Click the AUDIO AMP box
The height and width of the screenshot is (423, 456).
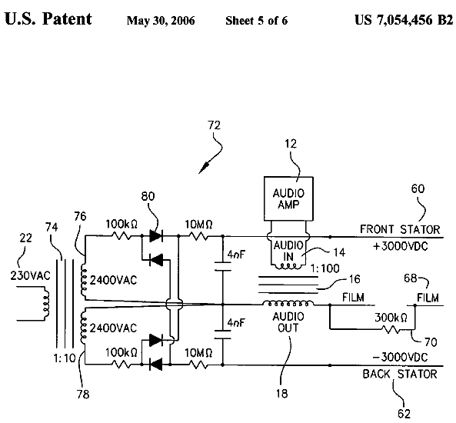pyautogui.click(x=288, y=198)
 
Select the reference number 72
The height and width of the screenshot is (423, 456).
pyautogui.click(x=214, y=125)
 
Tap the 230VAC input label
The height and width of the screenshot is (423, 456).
pyautogui.click(x=30, y=276)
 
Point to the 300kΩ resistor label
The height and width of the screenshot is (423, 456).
pyautogui.click(x=391, y=318)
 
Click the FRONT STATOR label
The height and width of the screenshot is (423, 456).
pyautogui.click(x=400, y=229)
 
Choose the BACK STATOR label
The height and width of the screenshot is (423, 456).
pyautogui.click(x=400, y=374)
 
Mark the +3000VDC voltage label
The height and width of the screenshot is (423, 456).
pyautogui.click(x=401, y=247)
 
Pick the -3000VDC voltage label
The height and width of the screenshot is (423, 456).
pyautogui.click(x=400, y=357)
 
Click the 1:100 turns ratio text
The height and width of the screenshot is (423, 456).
pyautogui.click(x=325, y=268)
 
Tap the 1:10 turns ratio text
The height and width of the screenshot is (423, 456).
pyautogui.click(x=65, y=358)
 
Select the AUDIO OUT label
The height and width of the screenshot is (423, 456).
pyautogui.click(x=288, y=322)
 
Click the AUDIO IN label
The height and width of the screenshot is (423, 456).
pyautogui.click(x=288, y=251)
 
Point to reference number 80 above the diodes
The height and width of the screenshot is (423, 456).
pyautogui.click(x=148, y=197)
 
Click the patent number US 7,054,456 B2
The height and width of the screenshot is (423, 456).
pyautogui.click(x=404, y=20)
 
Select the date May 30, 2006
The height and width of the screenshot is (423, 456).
pyautogui.click(x=161, y=21)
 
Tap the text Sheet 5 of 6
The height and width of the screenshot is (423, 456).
pyautogui.click(x=257, y=21)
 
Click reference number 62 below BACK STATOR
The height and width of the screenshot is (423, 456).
pyautogui.click(x=404, y=414)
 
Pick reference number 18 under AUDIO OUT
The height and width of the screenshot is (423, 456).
pyautogui.click(x=281, y=394)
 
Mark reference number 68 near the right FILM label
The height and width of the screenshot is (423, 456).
pyautogui.click(x=411, y=278)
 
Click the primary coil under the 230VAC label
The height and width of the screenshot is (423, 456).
pyautogui.click(x=45, y=304)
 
